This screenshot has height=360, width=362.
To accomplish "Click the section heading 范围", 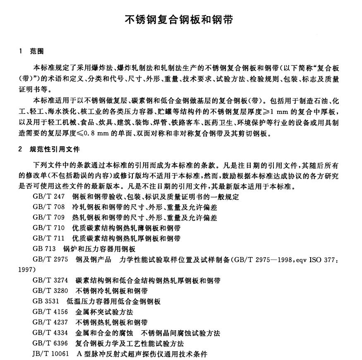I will [x=37, y=52].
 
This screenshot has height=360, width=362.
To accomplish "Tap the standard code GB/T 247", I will [x=48, y=196].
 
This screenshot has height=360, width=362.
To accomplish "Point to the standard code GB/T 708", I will [x=48, y=207].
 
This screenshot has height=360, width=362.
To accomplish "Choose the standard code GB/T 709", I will [x=48, y=217].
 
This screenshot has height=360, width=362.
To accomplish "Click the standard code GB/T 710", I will [x=48, y=228].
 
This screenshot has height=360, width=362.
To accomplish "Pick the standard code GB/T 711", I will [x=48, y=238].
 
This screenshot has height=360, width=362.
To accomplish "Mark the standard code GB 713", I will [x=44, y=249].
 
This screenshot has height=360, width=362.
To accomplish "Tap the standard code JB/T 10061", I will [x=51, y=354].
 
